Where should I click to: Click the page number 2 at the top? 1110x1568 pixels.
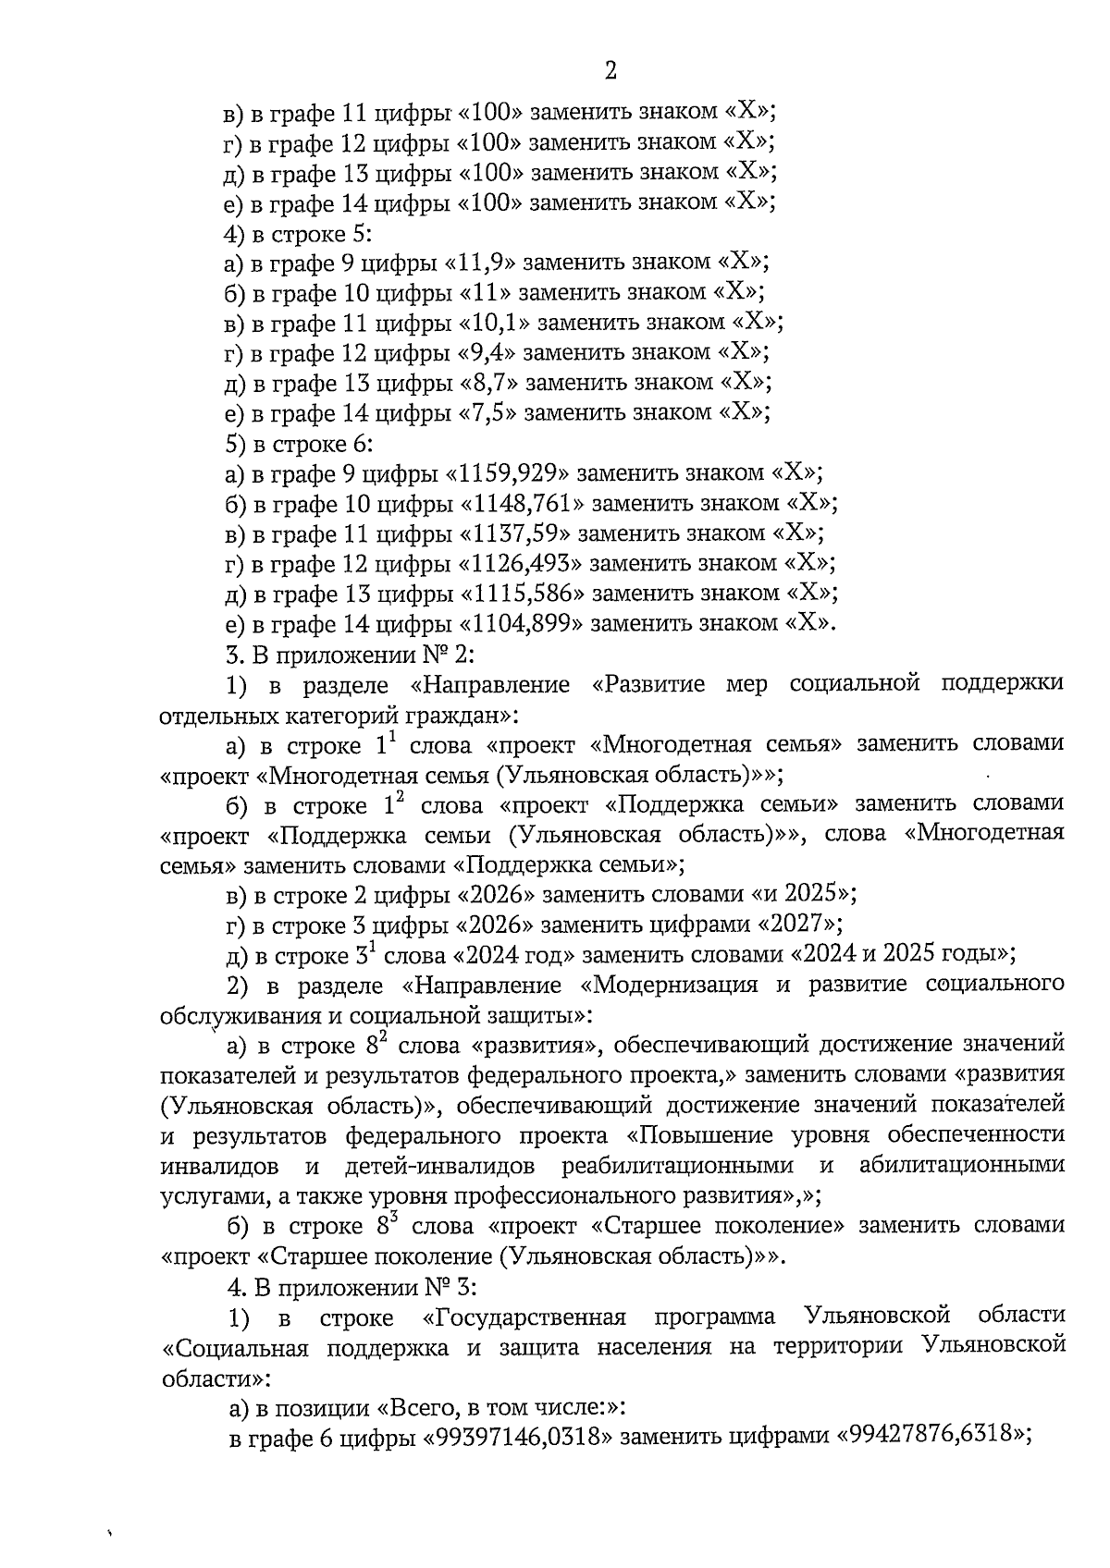[610, 70]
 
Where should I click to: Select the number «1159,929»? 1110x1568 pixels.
[507, 473]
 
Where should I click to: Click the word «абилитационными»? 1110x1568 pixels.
[961, 1166]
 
